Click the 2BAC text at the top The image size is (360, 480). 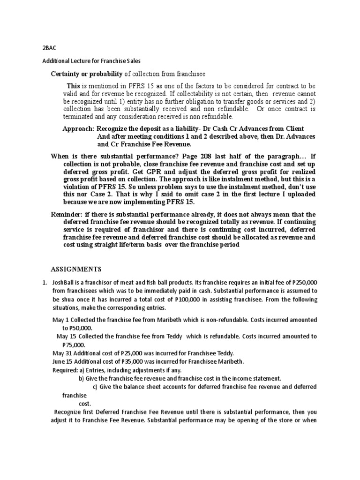click(x=48, y=48)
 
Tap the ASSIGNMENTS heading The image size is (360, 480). click(x=76, y=269)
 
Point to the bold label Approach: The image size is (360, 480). click(x=78, y=128)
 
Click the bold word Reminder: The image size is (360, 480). click(x=66, y=214)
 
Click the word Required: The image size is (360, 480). click(x=66, y=370)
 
